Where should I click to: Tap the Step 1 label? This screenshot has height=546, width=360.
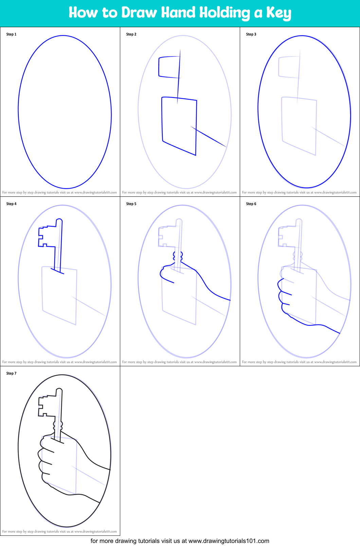[11, 34]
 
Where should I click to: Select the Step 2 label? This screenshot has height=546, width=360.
[131, 34]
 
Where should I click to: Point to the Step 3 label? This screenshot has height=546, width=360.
[251, 34]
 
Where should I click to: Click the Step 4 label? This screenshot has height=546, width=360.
[11, 204]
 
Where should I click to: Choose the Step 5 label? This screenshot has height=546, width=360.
[131, 204]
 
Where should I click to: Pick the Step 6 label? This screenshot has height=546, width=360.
[251, 204]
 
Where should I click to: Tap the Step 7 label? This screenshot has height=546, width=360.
[11, 373]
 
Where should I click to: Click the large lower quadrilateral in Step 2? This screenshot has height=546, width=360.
[179, 126]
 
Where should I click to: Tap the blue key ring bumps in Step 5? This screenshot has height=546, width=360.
[178, 256]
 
